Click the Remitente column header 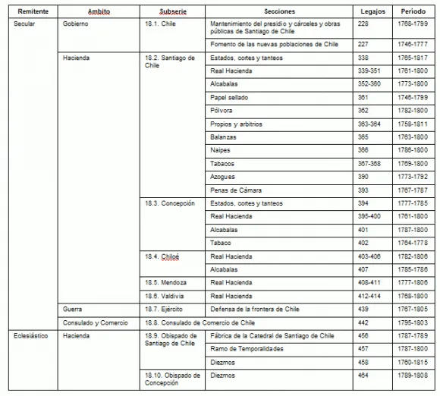[x=32, y=12]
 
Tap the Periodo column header [x=413, y=12]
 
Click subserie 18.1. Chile [x=162, y=24]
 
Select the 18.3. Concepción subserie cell [x=169, y=203]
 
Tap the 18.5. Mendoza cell [x=165, y=282]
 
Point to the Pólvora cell [x=222, y=110]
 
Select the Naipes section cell [x=222, y=150]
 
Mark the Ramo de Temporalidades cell [x=247, y=348]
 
